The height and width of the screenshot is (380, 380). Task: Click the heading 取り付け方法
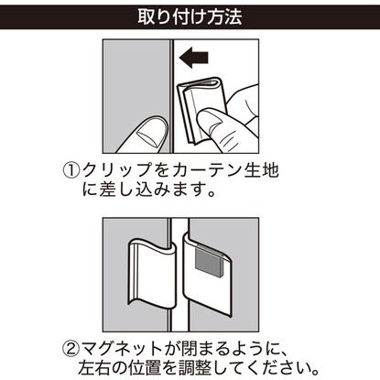tap(190, 16)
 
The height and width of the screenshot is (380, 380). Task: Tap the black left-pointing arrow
tap(194, 57)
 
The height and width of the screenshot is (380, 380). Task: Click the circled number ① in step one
tap(71, 170)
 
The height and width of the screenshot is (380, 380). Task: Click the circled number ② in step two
tap(71, 348)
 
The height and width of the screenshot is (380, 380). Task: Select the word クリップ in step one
tap(117, 170)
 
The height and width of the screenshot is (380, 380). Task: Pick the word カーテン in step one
tap(205, 170)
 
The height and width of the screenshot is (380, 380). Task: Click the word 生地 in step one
tap(261, 170)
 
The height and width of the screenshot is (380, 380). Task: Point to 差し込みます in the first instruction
tap(152, 190)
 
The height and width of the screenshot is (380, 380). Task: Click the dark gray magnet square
tap(208, 262)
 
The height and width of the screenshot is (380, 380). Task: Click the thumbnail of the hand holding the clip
tap(209, 121)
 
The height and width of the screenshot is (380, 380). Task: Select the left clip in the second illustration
tap(152, 273)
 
